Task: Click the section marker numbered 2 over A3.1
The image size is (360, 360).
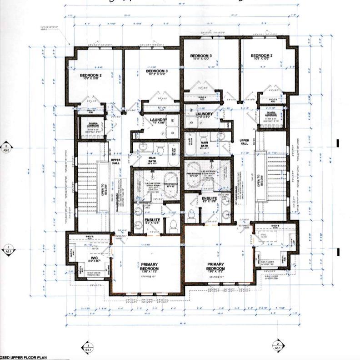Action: click(278, 345)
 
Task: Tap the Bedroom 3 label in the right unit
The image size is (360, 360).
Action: click(201, 57)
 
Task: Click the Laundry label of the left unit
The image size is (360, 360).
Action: click(159, 121)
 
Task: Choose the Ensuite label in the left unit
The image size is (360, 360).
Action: click(152, 221)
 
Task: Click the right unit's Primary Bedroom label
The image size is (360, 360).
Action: click(216, 266)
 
